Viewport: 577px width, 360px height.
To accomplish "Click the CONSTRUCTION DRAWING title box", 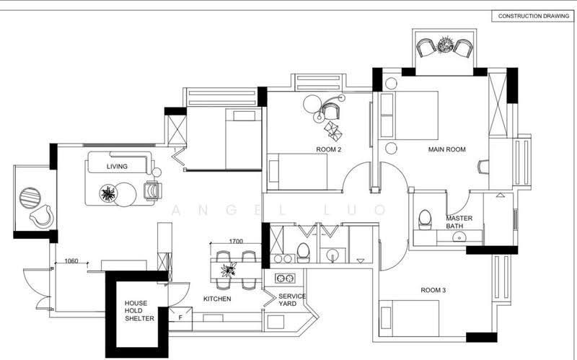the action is tap(533, 16).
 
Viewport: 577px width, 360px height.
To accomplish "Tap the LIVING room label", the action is tap(117, 167).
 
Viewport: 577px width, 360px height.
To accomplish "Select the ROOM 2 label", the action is tap(329, 149).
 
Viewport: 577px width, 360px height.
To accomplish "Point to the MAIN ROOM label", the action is tap(446, 149).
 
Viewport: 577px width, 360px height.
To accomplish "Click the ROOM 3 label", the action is tap(433, 290).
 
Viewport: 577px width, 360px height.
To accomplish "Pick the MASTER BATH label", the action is tap(459, 222).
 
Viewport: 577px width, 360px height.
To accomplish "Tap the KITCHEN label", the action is tap(217, 299).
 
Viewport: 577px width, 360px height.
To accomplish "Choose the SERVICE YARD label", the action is tap(292, 299).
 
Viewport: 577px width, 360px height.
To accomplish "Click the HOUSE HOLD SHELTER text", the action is tap(139, 311).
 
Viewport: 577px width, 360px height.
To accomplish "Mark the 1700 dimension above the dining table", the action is tap(236, 242).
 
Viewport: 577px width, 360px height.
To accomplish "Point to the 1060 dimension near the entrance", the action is tap(71, 261).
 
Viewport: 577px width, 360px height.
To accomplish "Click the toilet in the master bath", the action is tap(425, 219).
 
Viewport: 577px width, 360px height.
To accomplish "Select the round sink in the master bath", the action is tap(458, 237).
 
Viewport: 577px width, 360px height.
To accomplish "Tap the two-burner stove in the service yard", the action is tap(285, 278).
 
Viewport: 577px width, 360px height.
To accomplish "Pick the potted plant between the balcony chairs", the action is tap(445, 45).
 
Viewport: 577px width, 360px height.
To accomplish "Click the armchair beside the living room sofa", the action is tap(153, 190).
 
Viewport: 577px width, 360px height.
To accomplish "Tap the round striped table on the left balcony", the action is tap(30, 198).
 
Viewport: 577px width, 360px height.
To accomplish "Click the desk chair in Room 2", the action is tap(330, 111).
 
